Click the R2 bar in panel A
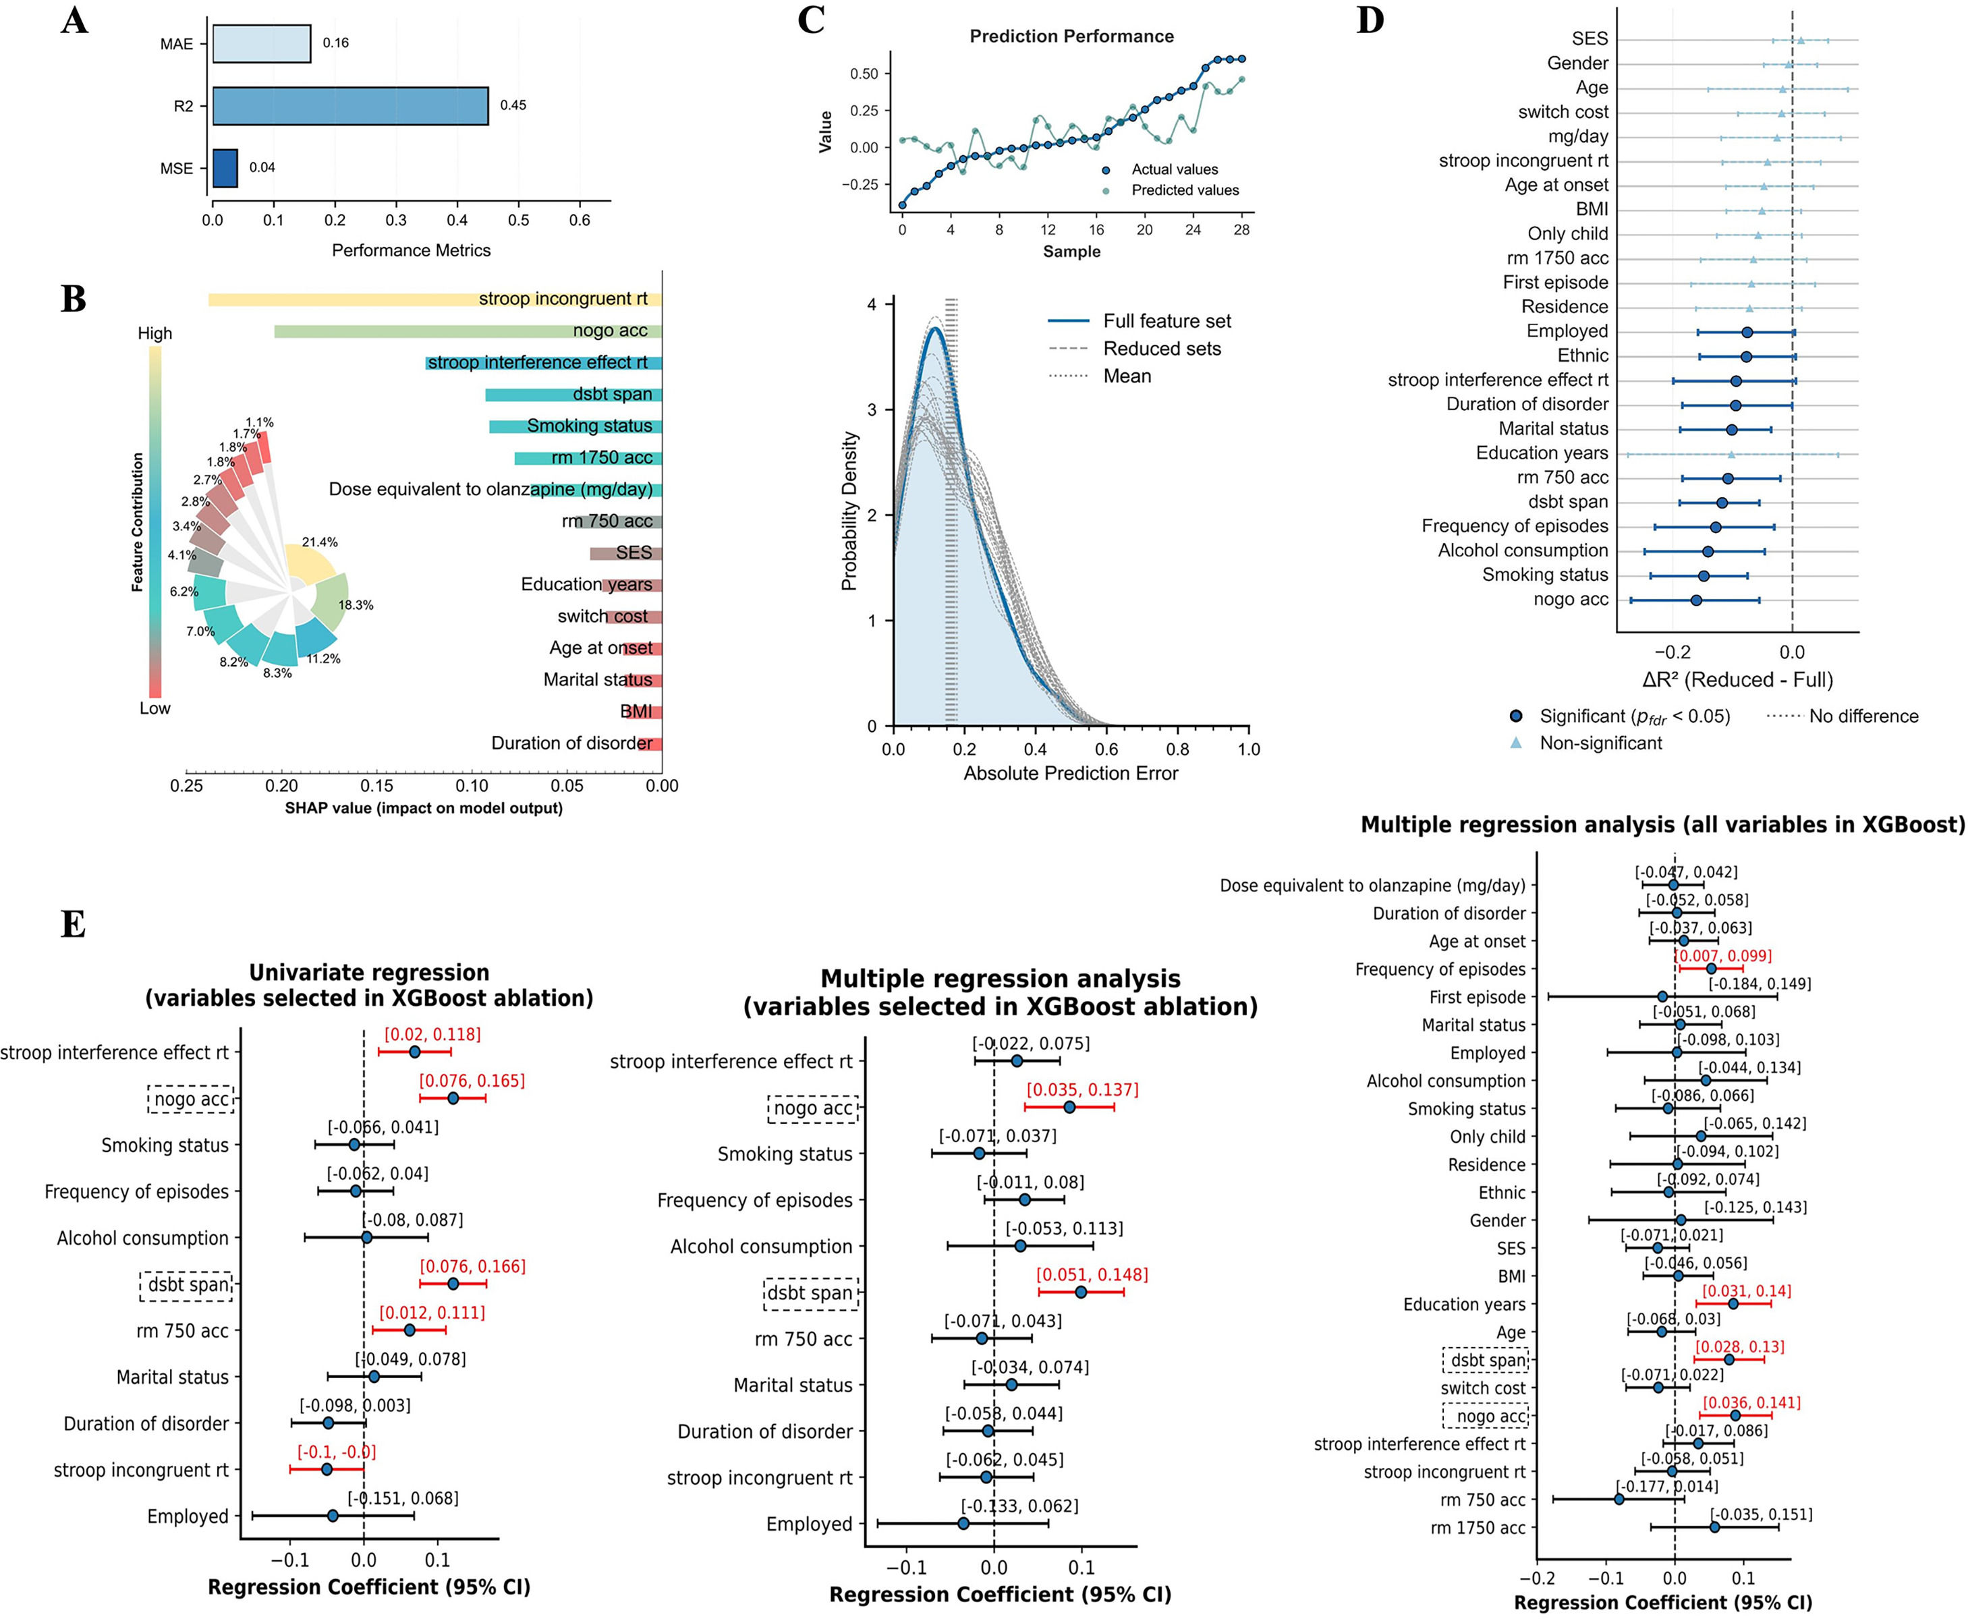pyautogui.click(x=349, y=105)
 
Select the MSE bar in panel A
pyautogui.click(x=225, y=168)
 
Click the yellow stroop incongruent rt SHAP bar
pyautogui.click(x=434, y=300)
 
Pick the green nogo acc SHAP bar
pyautogui.click(x=466, y=331)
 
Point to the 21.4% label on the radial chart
pyautogui.click(x=320, y=542)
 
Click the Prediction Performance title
pyautogui.click(x=1071, y=36)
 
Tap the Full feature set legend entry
pyautogui.click(x=1166, y=321)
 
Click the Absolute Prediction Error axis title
pyautogui.click(x=1071, y=773)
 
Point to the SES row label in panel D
pyautogui.click(x=1590, y=39)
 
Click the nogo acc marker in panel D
pyautogui.click(x=1695, y=600)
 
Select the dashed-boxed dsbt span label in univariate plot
pyautogui.click(x=188, y=1285)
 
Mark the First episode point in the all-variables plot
pyautogui.click(x=1662, y=997)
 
